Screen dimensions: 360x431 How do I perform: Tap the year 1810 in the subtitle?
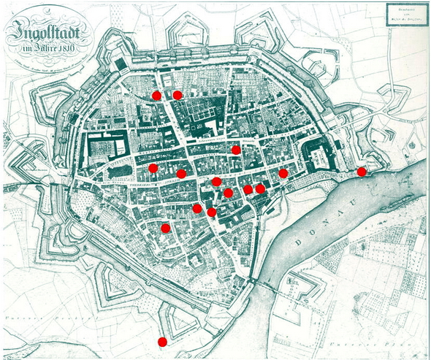(69, 50)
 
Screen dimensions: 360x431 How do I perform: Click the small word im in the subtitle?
(25, 50)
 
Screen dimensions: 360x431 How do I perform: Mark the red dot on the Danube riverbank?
(362, 172)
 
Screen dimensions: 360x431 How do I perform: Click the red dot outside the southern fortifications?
(162, 341)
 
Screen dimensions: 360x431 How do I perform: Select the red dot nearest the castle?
(283, 174)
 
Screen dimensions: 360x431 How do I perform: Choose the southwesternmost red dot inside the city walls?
(165, 228)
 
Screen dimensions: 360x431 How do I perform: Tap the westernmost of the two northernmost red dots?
(156, 95)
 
